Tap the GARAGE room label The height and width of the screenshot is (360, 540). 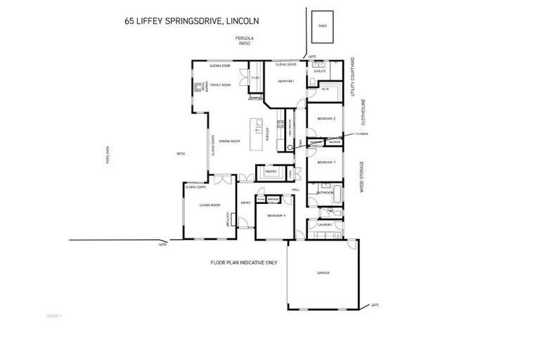(x=323, y=273)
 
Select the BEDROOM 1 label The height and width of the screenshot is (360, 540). (x=285, y=82)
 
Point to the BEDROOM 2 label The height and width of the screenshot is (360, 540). (x=326, y=119)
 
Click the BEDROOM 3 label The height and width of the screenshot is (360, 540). (x=326, y=162)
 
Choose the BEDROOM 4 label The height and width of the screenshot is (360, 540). (x=274, y=215)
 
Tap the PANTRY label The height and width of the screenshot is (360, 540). (x=271, y=171)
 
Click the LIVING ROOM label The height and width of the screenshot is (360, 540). (x=210, y=205)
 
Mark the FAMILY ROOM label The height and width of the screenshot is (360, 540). (x=221, y=85)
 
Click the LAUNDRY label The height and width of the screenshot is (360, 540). (x=324, y=225)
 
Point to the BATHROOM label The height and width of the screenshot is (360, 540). (x=324, y=192)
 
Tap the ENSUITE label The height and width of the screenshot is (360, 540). (x=319, y=71)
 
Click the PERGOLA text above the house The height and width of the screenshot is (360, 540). (x=244, y=39)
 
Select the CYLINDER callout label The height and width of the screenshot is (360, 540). (x=361, y=133)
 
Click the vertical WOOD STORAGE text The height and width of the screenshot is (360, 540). (x=362, y=176)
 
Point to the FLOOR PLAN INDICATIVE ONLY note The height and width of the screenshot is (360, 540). (x=244, y=262)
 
